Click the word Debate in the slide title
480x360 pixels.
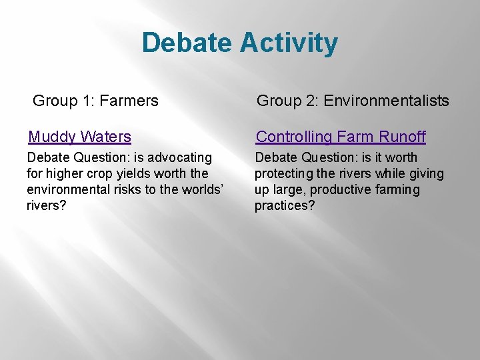tap(187, 43)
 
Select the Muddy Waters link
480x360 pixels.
tap(79, 137)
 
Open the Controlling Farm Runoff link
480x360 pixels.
tap(341, 137)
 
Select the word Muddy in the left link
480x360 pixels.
tap(52, 137)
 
